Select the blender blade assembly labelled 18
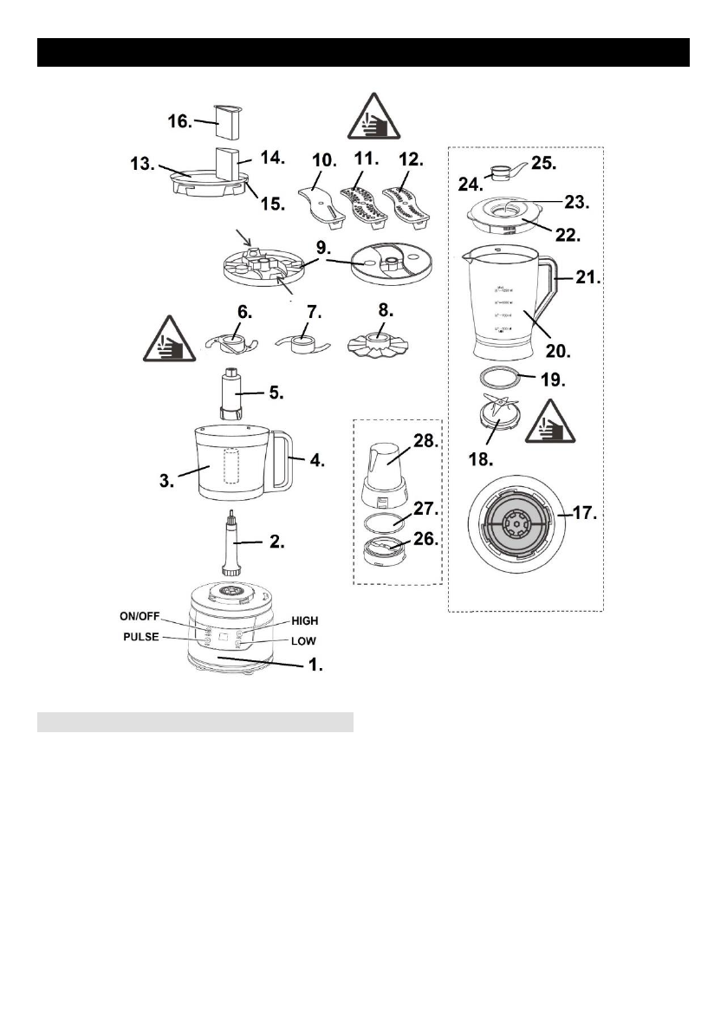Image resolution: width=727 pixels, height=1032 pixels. click(x=497, y=413)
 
